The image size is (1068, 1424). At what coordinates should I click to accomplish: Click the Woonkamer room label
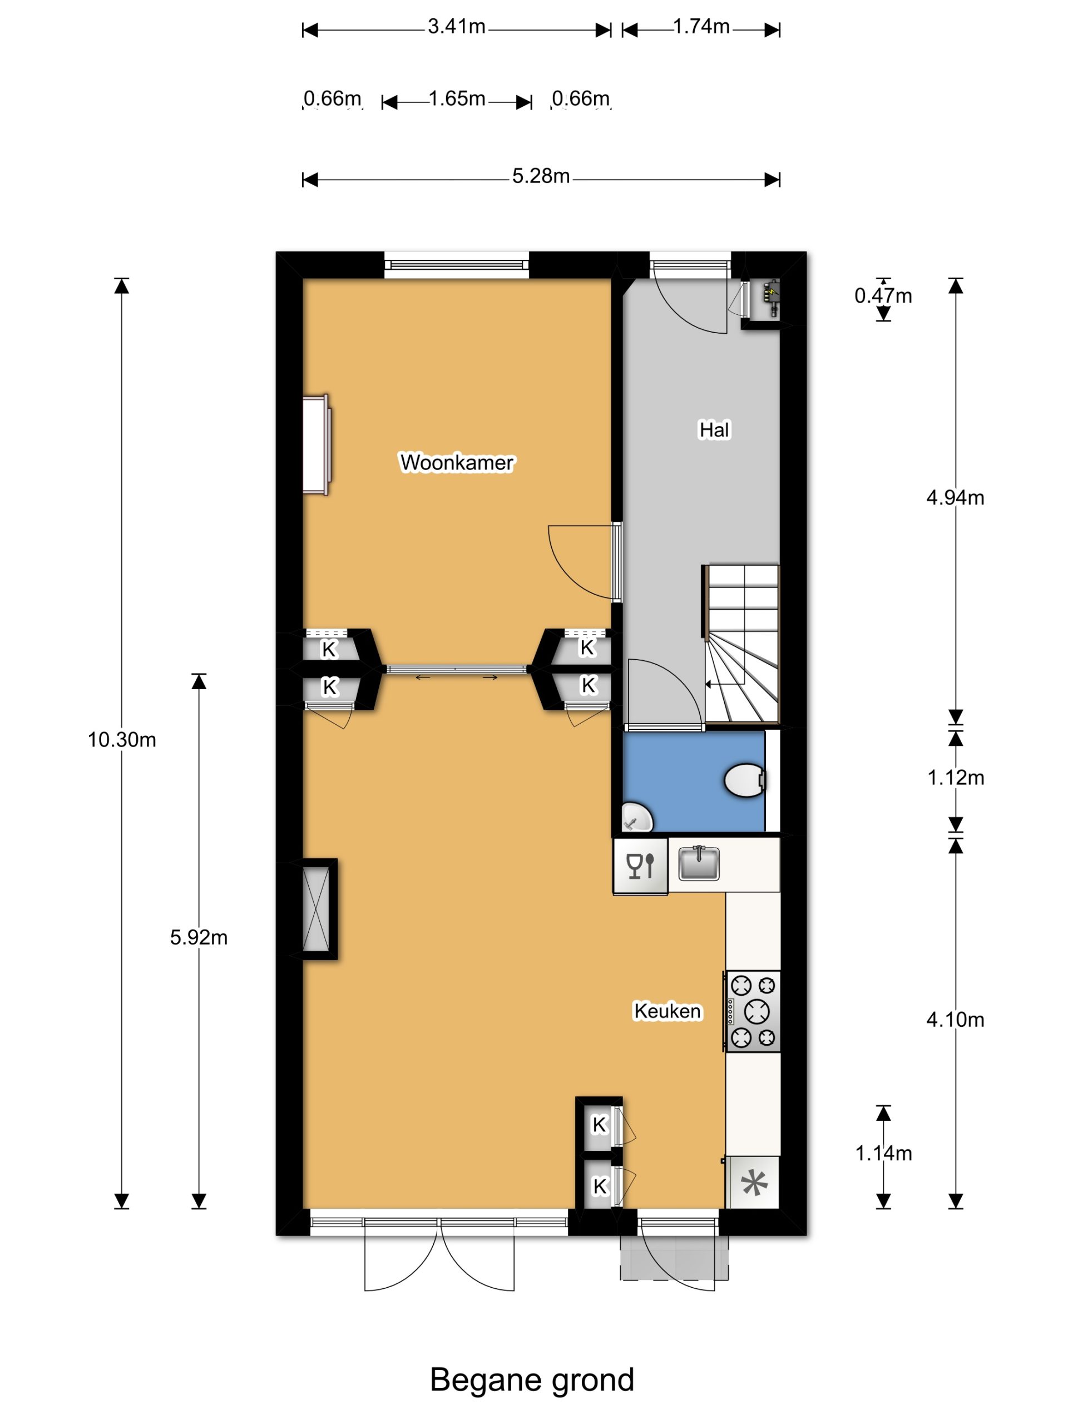click(457, 462)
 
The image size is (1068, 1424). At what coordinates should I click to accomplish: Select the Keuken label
click(667, 1011)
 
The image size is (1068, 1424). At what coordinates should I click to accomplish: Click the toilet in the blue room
click(745, 780)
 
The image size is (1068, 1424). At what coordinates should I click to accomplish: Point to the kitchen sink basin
click(699, 863)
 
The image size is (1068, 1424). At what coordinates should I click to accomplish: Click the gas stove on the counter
click(753, 1011)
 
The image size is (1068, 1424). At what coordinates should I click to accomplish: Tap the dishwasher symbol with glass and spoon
click(641, 866)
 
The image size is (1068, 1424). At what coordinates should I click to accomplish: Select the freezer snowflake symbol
click(754, 1183)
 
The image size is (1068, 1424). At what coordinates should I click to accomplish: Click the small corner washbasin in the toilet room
click(637, 818)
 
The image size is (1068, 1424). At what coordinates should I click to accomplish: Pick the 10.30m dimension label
click(122, 740)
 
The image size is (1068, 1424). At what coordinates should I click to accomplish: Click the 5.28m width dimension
click(541, 176)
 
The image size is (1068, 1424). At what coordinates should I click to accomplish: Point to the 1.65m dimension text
click(457, 98)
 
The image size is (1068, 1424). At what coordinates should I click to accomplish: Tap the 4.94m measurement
click(955, 498)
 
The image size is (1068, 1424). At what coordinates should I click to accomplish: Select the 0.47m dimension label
click(883, 295)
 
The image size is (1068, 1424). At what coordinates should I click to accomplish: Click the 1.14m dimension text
click(883, 1153)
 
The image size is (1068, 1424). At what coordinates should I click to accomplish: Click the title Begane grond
click(532, 1380)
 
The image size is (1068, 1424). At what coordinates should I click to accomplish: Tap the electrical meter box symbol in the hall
click(770, 298)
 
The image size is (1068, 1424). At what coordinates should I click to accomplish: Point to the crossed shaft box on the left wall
click(315, 909)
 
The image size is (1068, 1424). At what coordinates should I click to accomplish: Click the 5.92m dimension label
click(199, 937)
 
